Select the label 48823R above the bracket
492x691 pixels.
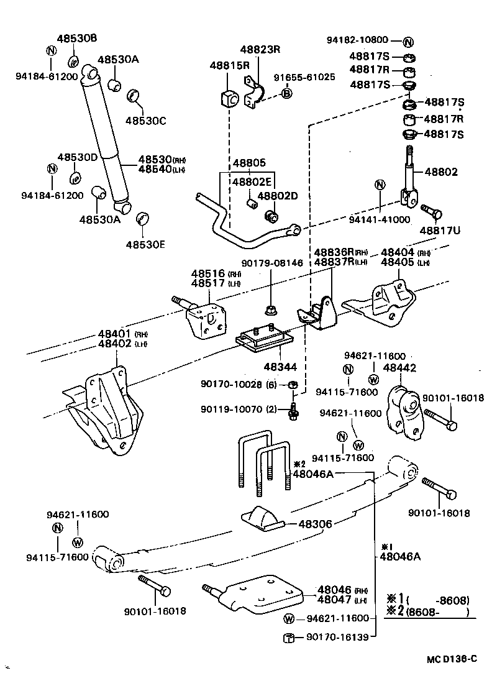pyautogui.click(x=261, y=50)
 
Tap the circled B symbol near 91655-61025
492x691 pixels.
pyautogui.click(x=287, y=93)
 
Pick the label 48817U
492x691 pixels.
pyautogui.click(x=440, y=231)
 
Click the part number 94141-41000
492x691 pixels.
pyautogui.click(x=380, y=219)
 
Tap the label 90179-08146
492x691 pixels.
pyautogui.click(x=273, y=263)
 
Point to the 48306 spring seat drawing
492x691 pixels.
pyautogui.click(x=262, y=518)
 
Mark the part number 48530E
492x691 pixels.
pyautogui.click(x=145, y=244)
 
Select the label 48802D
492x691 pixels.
pyautogui.click(x=278, y=196)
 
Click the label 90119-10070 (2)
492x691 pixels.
pyautogui.click(x=239, y=409)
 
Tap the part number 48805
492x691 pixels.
pyautogui.click(x=249, y=163)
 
